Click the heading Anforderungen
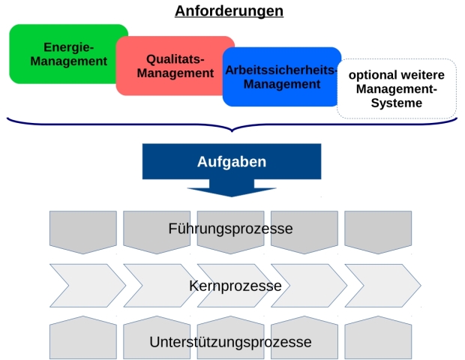[229, 11]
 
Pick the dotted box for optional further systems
[397, 88]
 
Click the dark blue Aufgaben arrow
[231, 168]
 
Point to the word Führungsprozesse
[230, 228]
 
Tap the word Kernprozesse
[235, 286]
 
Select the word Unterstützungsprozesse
[230, 342]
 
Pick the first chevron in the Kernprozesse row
[82, 286]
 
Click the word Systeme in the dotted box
[397, 103]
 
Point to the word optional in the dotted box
[373, 75]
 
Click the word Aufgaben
[231, 161]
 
